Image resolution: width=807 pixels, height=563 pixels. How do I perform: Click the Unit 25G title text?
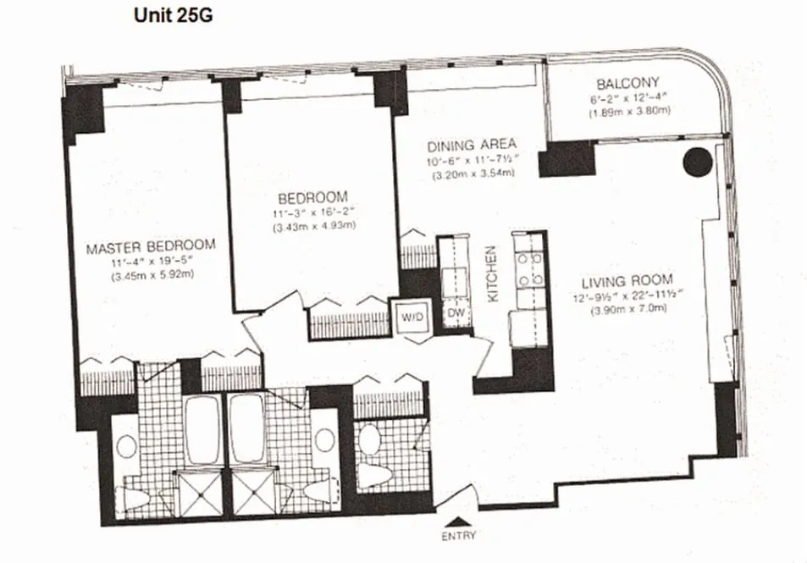click(x=167, y=15)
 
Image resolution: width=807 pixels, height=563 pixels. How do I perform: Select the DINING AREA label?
click(x=472, y=143)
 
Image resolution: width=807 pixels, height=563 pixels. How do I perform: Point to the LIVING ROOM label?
click(x=627, y=279)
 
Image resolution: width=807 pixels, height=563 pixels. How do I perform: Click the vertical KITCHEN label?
click(x=490, y=274)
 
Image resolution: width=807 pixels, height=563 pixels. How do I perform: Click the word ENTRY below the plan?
click(x=459, y=535)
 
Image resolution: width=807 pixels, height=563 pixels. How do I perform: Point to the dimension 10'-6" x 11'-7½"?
click(x=472, y=158)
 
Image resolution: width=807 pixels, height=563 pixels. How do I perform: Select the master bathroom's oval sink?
click(x=126, y=446)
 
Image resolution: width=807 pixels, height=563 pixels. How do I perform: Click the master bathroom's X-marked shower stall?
click(x=197, y=492)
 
